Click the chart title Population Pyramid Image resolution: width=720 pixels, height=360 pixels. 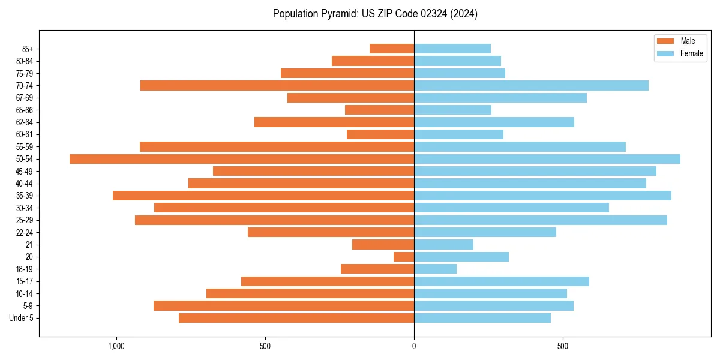click(375, 14)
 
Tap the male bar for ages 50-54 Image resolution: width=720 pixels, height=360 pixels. click(242, 159)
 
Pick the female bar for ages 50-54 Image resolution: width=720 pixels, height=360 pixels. click(547, 159)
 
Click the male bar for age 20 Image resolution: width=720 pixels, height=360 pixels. click(404, 257)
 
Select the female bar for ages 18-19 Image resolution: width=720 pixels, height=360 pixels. click(435, 269)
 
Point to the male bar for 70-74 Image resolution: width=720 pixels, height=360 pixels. click(277, 85)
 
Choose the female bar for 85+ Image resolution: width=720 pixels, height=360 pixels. click(452, 49)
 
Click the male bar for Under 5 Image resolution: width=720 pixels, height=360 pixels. click(296, 318)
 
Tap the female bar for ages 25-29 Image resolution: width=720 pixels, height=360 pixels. click(541, 220)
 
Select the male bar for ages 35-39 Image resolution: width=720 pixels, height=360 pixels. click(263, 196)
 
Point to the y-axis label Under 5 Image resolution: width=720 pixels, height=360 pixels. click(22, 318)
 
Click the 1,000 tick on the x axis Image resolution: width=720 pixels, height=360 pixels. click(116, 346)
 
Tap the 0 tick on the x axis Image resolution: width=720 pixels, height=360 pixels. click(414, 346)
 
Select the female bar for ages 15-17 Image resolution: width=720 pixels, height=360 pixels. click(502, 281)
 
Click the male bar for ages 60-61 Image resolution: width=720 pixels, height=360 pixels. click(380, 134)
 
